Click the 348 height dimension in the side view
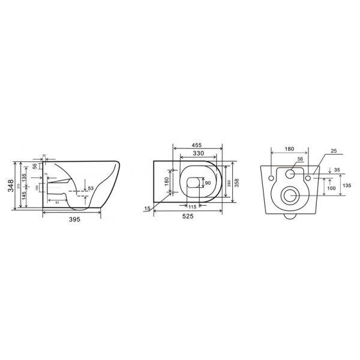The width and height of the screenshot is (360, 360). (x=10, y=186)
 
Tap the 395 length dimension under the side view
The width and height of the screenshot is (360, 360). (x=73, y=220)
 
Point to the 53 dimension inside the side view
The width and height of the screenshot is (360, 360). (x=91, y=189)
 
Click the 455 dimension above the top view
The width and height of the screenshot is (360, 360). (x=196, y=145)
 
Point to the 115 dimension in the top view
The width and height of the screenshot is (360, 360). (x=193, y=207)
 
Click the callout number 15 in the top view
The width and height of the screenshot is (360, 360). (x=147, y=208)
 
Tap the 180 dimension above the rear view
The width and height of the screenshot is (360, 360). (x=289, y=148)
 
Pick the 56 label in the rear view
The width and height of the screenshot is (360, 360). (x=300, y=160)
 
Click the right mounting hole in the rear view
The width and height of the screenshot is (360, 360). (x=308, y=178)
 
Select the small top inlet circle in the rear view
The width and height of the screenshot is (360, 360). (x=291, y=175)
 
